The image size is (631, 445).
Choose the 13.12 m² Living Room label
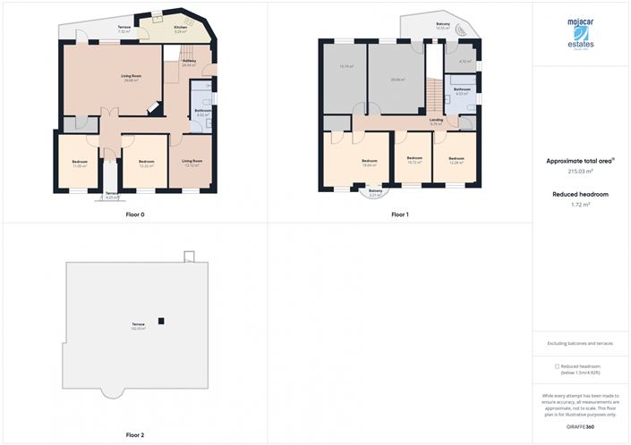point(192,163)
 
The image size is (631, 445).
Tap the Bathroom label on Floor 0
point(202,113)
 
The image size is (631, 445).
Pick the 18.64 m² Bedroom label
point(369,163)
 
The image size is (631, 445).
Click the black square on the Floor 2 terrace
point(161,321)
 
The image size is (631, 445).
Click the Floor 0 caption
point(136,214)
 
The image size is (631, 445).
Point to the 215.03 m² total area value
point(582,171)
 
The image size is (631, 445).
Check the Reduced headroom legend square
point(557,366)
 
